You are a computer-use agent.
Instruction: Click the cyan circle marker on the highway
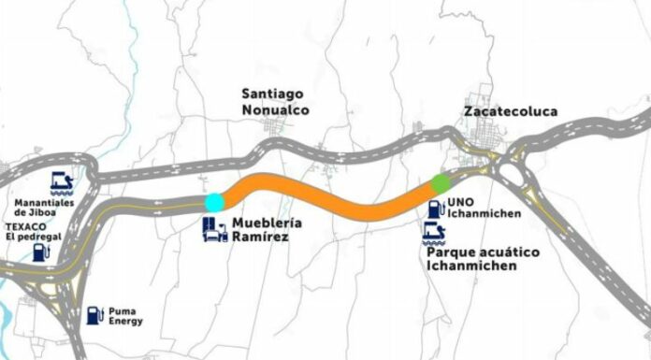(x=214, y=201)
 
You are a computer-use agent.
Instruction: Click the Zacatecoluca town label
(x=510, y=111)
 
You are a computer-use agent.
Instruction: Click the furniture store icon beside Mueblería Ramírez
(x=215, y=230)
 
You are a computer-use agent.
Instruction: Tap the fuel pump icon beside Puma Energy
(x=94, y=315)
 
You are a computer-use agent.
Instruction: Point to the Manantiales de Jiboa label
(x=44, y=208)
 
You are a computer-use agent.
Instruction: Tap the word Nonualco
(x=275, y=109)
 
